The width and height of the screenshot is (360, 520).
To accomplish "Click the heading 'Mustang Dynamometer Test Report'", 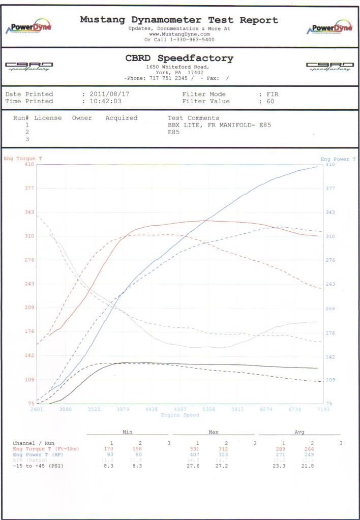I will (x=179, y=20).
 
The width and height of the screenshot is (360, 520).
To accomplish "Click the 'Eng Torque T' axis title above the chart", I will (x=23, y=159).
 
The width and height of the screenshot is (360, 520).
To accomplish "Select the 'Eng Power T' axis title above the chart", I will (x=338, y=159).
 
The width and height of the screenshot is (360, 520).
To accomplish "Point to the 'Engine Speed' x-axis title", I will (x=180, y=415).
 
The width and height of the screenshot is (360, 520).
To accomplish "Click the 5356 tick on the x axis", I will (x=209, y=409).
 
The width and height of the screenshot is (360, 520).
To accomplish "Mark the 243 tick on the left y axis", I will (x=28, y=284).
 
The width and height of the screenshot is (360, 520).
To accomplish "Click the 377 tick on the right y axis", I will (x=331, y=188).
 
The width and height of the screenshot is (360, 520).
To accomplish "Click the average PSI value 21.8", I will (x=312, y=467).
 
